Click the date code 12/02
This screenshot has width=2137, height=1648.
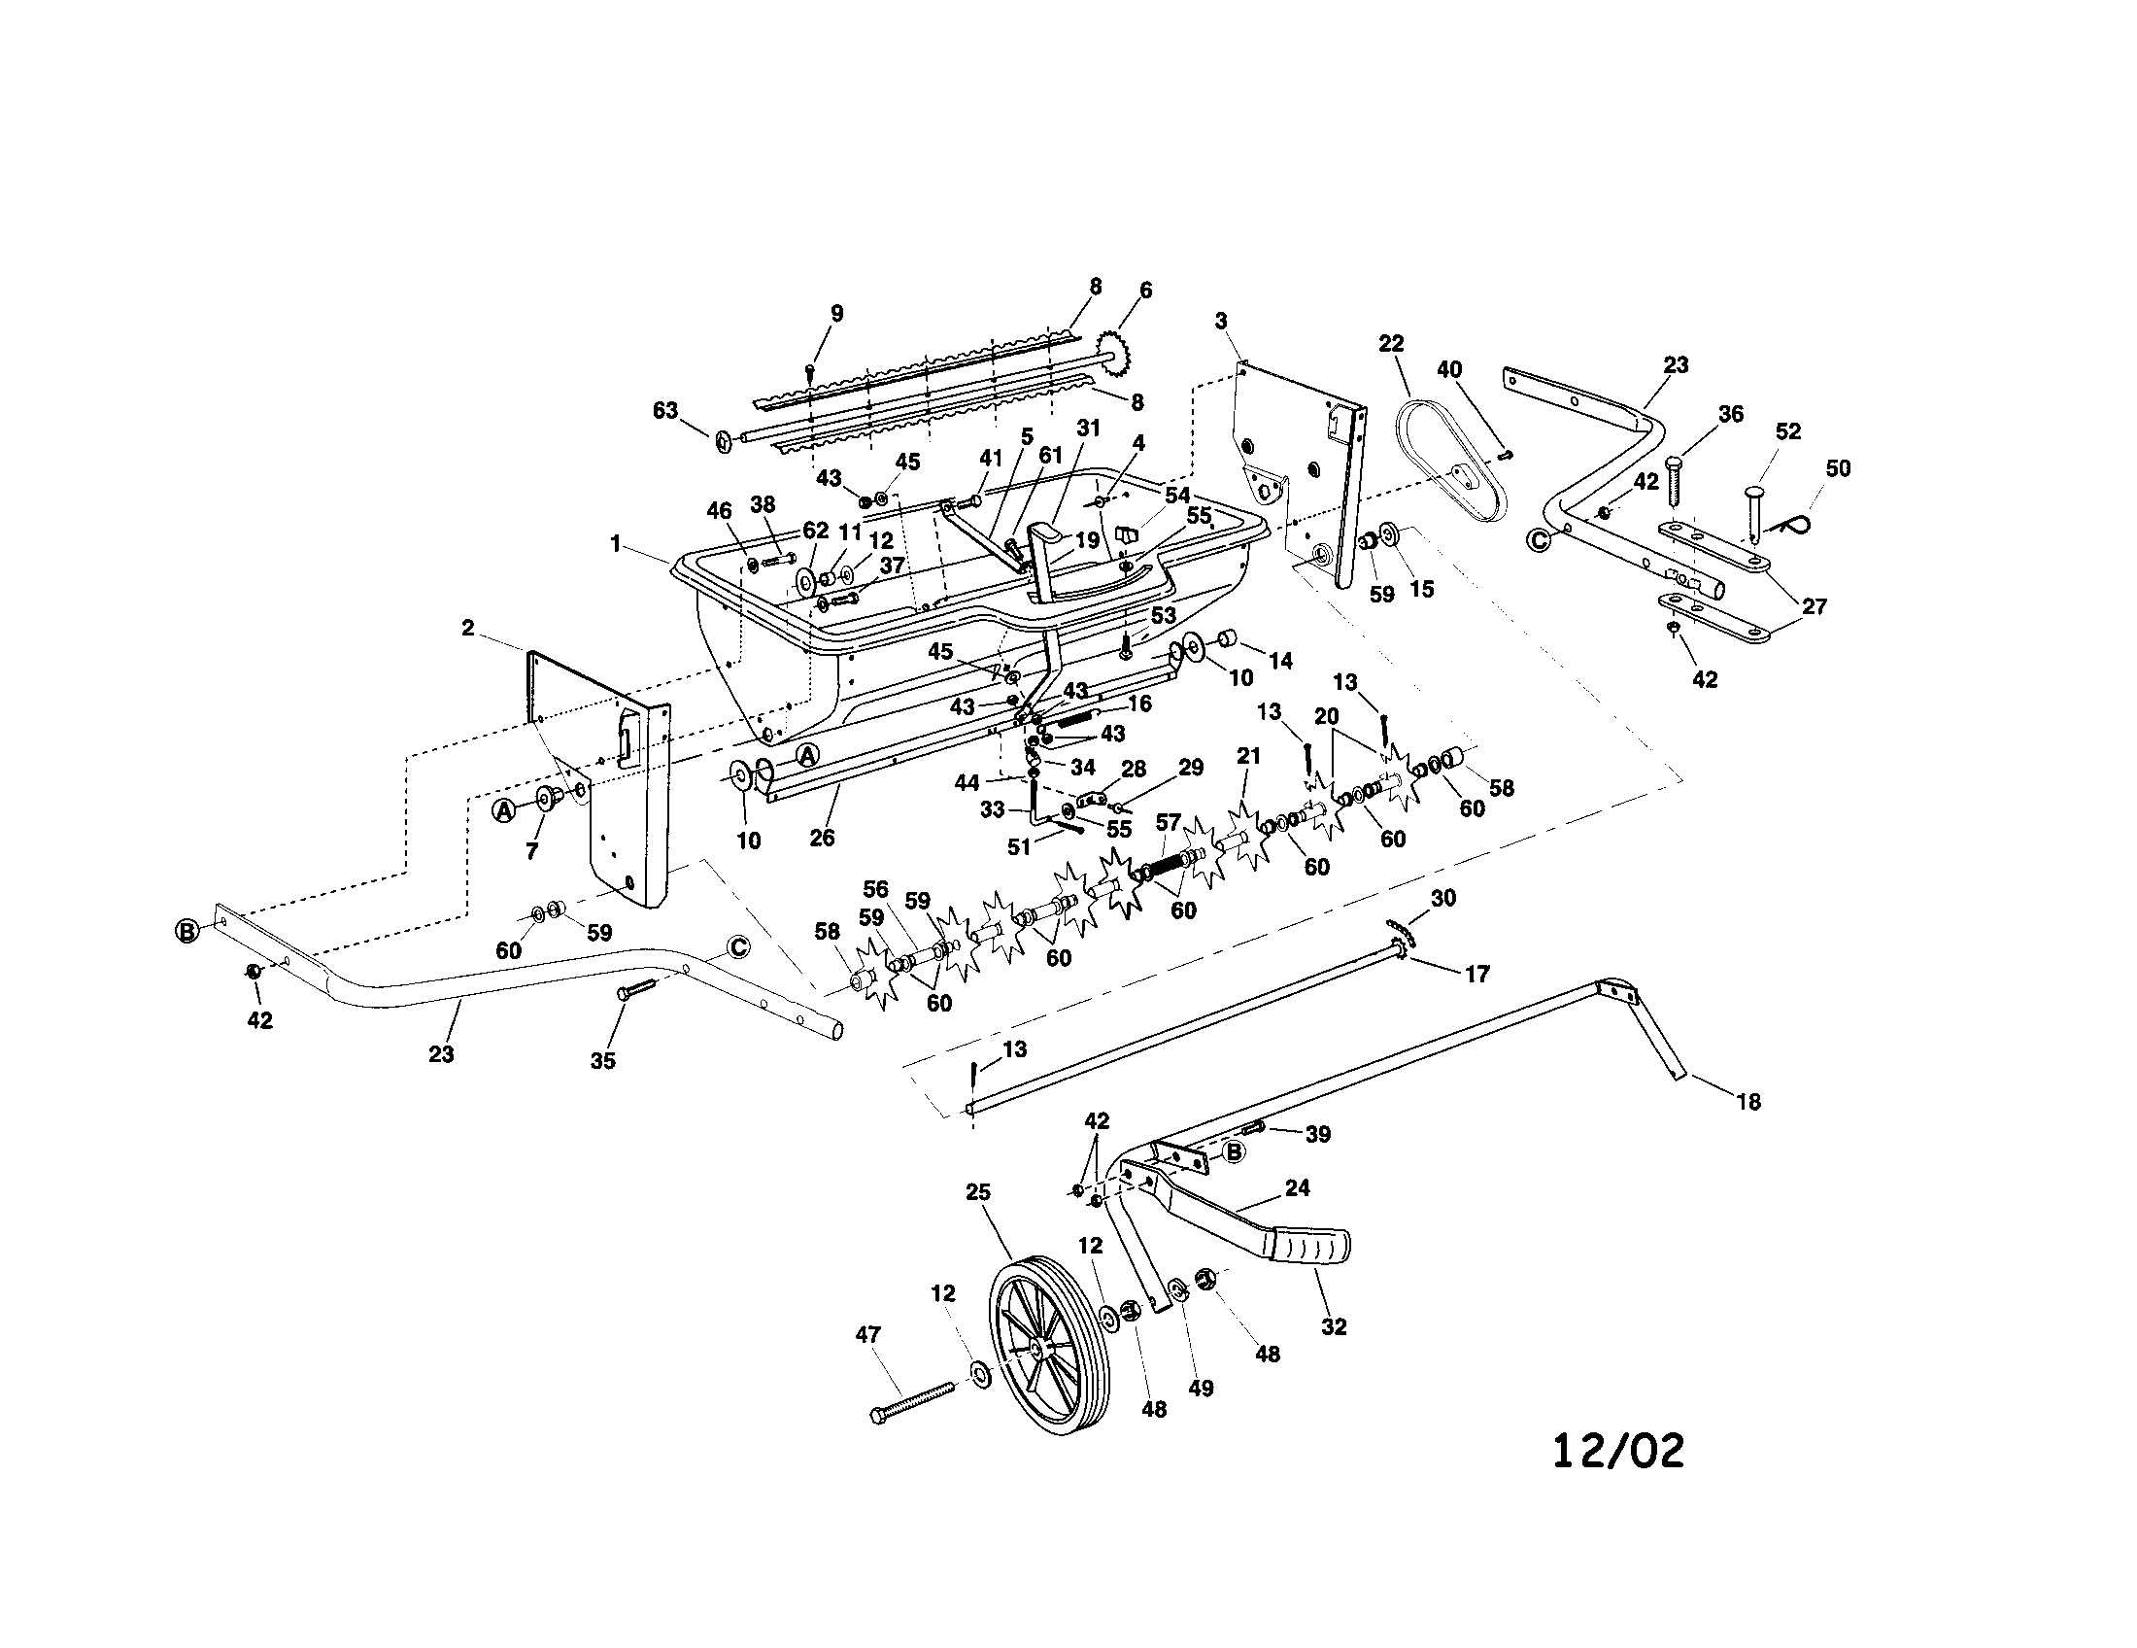point(1618,1452)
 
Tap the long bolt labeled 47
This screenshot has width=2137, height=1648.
point(910,1401)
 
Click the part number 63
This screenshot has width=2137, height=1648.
point(665,410)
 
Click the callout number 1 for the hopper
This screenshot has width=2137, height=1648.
point(616,544)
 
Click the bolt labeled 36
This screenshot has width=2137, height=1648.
point(1673,479)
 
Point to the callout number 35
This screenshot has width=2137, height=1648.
point(603,1061)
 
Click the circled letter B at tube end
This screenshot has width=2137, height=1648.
point(187,931)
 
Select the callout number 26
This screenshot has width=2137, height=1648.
point(822,838)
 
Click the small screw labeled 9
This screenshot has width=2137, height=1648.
point(810,371)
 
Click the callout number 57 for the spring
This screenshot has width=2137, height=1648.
point(1169,822)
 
